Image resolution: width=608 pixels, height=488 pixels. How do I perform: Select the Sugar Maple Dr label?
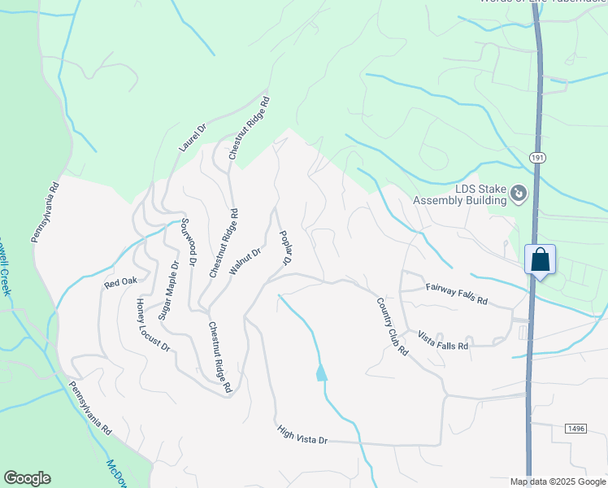click(168, 290)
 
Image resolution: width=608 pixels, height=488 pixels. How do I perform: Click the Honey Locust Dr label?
click(153, 325)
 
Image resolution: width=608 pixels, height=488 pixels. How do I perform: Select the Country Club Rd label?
click(392, 325)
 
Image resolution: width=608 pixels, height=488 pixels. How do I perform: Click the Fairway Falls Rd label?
click(456, 294)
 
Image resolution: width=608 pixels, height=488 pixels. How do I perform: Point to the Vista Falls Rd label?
click(443, 340)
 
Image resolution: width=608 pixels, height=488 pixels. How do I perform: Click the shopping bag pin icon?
click(540, 261)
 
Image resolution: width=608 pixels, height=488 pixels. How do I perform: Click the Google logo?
click(27, 478)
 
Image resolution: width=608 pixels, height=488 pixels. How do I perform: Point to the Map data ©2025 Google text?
click(558, 481)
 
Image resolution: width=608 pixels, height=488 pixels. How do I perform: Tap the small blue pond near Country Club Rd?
click(321, 373)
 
